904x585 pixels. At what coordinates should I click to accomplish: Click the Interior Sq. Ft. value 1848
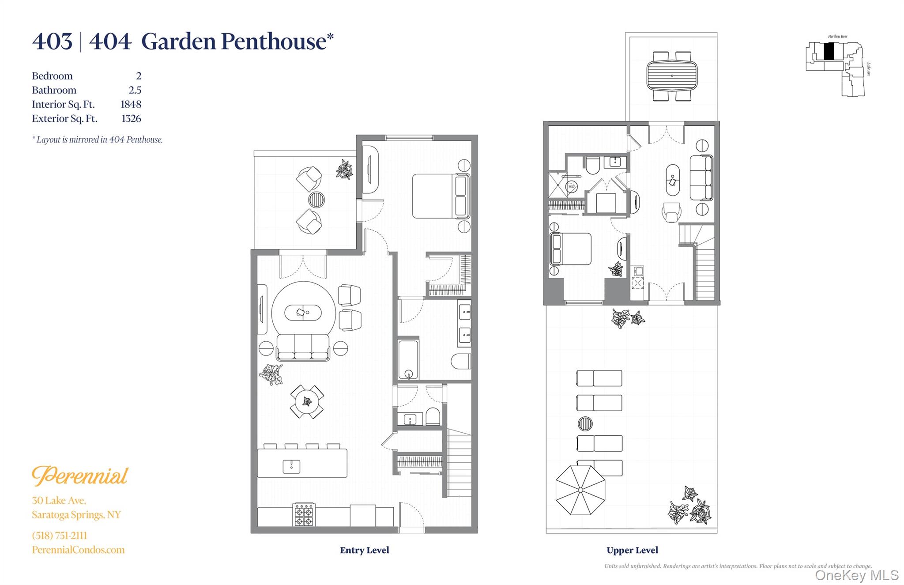(x=131, y=105)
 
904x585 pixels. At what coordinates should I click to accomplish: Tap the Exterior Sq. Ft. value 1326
(x=131, y=119)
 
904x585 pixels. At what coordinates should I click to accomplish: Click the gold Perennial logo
(x=80, y=476)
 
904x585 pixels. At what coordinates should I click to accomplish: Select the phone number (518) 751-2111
(x=60, y=536)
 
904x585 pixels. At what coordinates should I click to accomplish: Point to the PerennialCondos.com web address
(x=78, y=550)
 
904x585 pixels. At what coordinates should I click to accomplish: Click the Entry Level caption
(x=364, y=550)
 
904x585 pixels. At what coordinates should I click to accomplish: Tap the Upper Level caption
(x=632, y=550)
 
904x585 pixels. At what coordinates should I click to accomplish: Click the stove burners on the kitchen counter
(x=304, y=515)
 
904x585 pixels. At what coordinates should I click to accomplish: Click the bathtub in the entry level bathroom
(x=408, y=359)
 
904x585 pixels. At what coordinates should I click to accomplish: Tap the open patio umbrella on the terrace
(x=580, y=490)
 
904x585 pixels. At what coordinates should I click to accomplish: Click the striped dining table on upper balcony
(x=672, y=75)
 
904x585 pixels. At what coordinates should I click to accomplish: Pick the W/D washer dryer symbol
(x=571, y=187)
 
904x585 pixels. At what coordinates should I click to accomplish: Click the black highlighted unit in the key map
(x=829, y=51)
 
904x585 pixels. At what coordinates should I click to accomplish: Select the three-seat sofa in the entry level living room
(x=303, y=347)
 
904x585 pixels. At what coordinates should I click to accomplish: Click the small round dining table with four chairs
(x=307, y=402)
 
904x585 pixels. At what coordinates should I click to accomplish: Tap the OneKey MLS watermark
(x=856, y=575)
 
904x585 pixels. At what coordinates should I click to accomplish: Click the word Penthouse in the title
(x=273, y=42)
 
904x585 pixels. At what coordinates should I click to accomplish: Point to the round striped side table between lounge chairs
(x=585, y=424)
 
